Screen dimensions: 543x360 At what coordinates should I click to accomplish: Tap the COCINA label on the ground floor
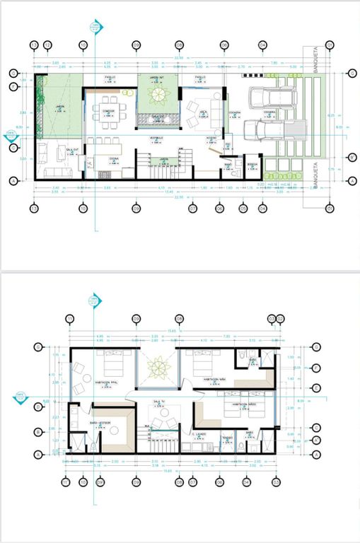coord(114,160)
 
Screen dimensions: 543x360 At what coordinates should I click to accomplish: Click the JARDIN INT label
coord(156,80)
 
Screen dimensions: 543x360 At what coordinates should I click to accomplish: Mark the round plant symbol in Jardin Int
coord(157,95)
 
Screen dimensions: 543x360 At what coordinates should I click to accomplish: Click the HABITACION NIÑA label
coord(214,379)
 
